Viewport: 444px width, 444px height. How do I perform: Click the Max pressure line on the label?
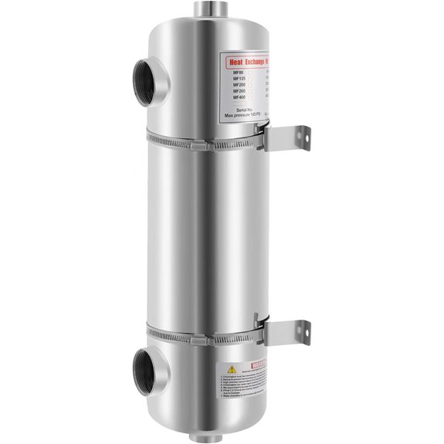244,117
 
